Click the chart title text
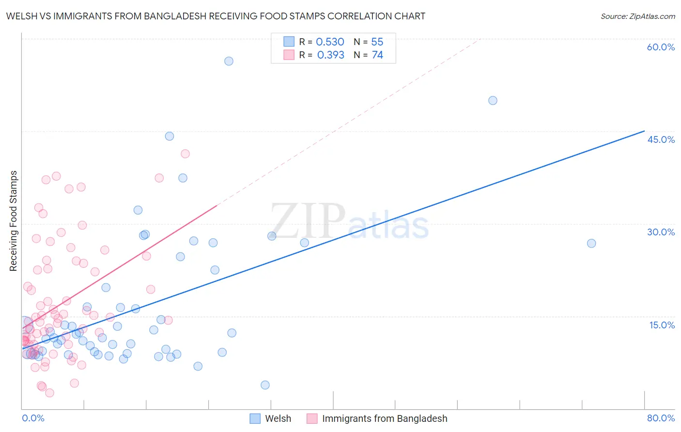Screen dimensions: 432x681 (216, 16)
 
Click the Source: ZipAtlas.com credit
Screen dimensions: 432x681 (637, 16)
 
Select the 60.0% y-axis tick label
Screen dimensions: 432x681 (661, 47)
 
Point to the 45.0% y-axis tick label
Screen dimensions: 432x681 (661, 139)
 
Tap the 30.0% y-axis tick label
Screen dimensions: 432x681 (661, 232)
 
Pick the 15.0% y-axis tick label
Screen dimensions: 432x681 (662, 324)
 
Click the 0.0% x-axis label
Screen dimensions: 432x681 (33, 418)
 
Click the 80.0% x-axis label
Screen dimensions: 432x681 (661, 418)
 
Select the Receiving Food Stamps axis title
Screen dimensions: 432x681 (14, 221)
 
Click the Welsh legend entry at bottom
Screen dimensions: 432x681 (271, 418)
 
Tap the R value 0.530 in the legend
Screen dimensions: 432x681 (330, 42)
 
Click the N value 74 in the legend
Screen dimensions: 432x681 (377, 55)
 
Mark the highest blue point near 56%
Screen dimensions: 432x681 (229, 61)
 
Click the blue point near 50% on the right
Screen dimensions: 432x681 (493, 101)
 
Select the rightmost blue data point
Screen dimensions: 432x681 (591, 243)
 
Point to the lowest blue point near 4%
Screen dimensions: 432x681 (265, 385)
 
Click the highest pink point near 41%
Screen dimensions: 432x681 (185, 154)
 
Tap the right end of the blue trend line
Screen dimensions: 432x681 (644, 131)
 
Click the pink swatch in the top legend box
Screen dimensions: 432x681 (289, 55)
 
